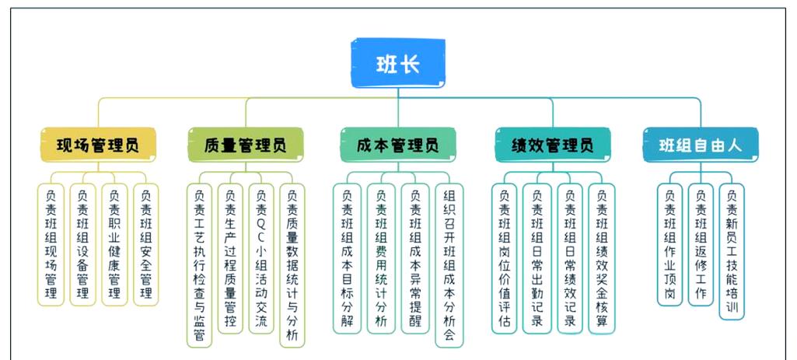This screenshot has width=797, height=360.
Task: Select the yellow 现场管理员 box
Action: tap(98, 145)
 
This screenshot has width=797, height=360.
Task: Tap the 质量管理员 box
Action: tap(246, 145)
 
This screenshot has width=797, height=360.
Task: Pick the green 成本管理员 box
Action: tap(397, 145)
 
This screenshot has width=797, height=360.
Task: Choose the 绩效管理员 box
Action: tap(552, 145)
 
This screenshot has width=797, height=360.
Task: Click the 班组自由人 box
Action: tap(700, 145)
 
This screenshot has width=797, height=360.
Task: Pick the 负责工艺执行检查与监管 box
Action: tap(199, 264)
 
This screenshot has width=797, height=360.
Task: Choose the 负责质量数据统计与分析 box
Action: tap(292, 264)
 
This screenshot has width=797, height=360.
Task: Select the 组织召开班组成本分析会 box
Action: tap(449, 264)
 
